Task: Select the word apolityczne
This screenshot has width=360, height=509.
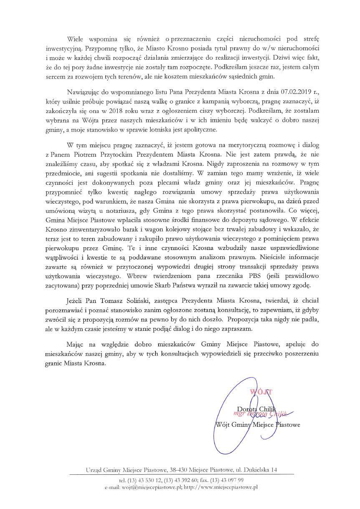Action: (x=197, y=130)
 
